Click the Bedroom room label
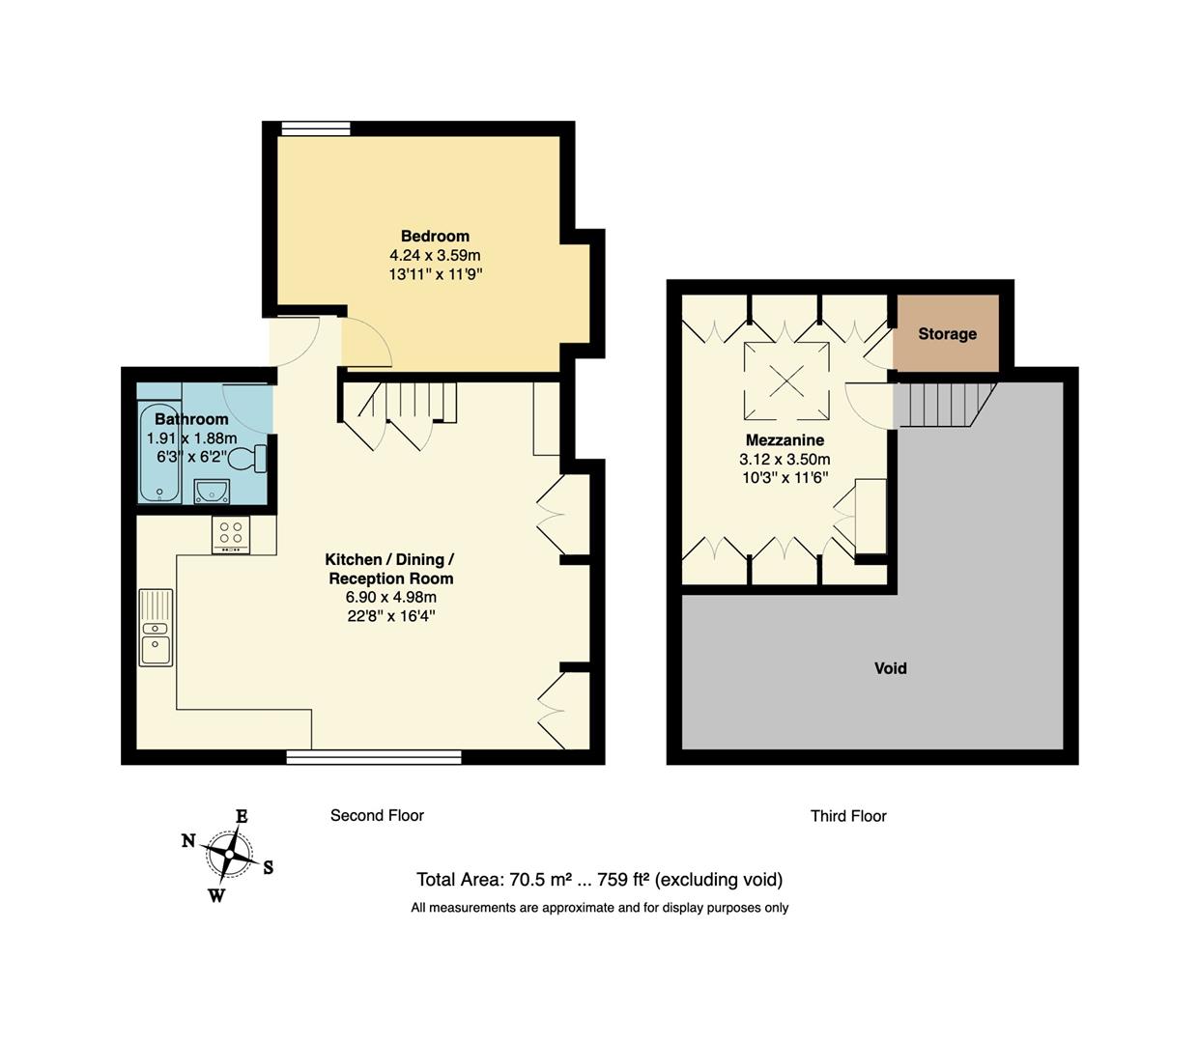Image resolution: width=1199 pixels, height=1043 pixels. pyautogui.click(x=435, y=236)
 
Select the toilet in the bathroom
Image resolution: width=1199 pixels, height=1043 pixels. pyautogui.click(x=249, y=458)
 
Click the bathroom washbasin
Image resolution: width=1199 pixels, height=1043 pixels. pyautogui.click(x=212, y=492)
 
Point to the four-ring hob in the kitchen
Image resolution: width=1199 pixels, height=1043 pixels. pyautogui.click(x=231, y=534)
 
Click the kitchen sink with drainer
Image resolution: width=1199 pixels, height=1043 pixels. pyautogui.click(x=156, y=628)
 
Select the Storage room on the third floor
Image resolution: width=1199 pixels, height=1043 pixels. pyautogui.click(x=946, y=333)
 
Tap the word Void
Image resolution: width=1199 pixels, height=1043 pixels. pyautogui.click(x=890, y=668)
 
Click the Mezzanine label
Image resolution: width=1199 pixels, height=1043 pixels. pyautogui.click(x=784, y=440)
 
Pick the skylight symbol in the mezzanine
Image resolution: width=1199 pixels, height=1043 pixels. pyautogui.click(x=785, y=381)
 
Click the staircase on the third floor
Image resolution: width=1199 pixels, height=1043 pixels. pyautogui.click(x=942, y=405)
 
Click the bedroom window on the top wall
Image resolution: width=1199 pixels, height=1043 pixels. pyautogui.click(x=316, y=128)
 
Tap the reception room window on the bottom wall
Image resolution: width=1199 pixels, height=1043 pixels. pyautogui.click(x=374, y=757)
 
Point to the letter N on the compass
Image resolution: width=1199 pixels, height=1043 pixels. pyautogui.click(x=188, y=840)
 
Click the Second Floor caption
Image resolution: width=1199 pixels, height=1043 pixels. pyautogui.click(x=377, y=815)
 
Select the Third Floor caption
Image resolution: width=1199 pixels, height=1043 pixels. pyautogui.click(x=848, y=816)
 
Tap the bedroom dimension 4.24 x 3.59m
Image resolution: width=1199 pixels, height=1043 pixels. pyautogui.click(x=435, y=255)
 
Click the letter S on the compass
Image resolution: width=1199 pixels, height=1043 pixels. pyautogui.click(x=269, y=867)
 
